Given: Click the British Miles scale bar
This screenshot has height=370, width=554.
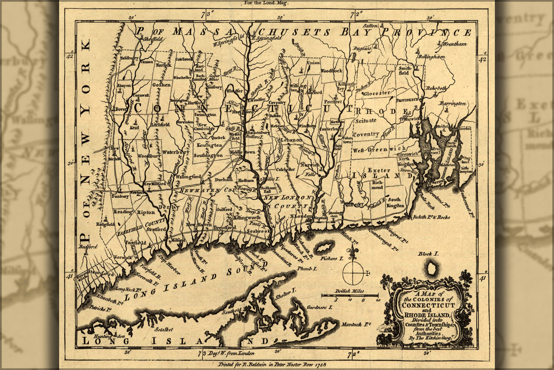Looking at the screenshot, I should pyautogui.click(x=350, y=295).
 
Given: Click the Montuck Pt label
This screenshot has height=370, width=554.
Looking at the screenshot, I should pyautogui.click(x=356, y=324).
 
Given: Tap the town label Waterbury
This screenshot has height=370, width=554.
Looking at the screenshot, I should pyautogui.click(x=176, y=152).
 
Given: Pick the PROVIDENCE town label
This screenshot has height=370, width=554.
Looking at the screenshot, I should pyautogui.click(x=407, y=100).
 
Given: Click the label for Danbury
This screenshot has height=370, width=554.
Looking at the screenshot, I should pyautogui.click(x=119, y=196).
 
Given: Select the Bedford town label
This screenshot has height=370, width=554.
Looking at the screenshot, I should pyautogui.click(x=88, y=246).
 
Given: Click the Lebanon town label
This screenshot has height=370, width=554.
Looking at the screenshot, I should pyautogui.click(x=291, y=140).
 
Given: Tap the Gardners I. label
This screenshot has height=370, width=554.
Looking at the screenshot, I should pyautogui.click(x=320, y=307).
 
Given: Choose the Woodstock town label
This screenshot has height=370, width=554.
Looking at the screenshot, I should pyautogui.click(x=332, y=70).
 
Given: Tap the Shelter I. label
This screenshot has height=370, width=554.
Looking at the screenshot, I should pyautogui.click(x=285, y=297).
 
